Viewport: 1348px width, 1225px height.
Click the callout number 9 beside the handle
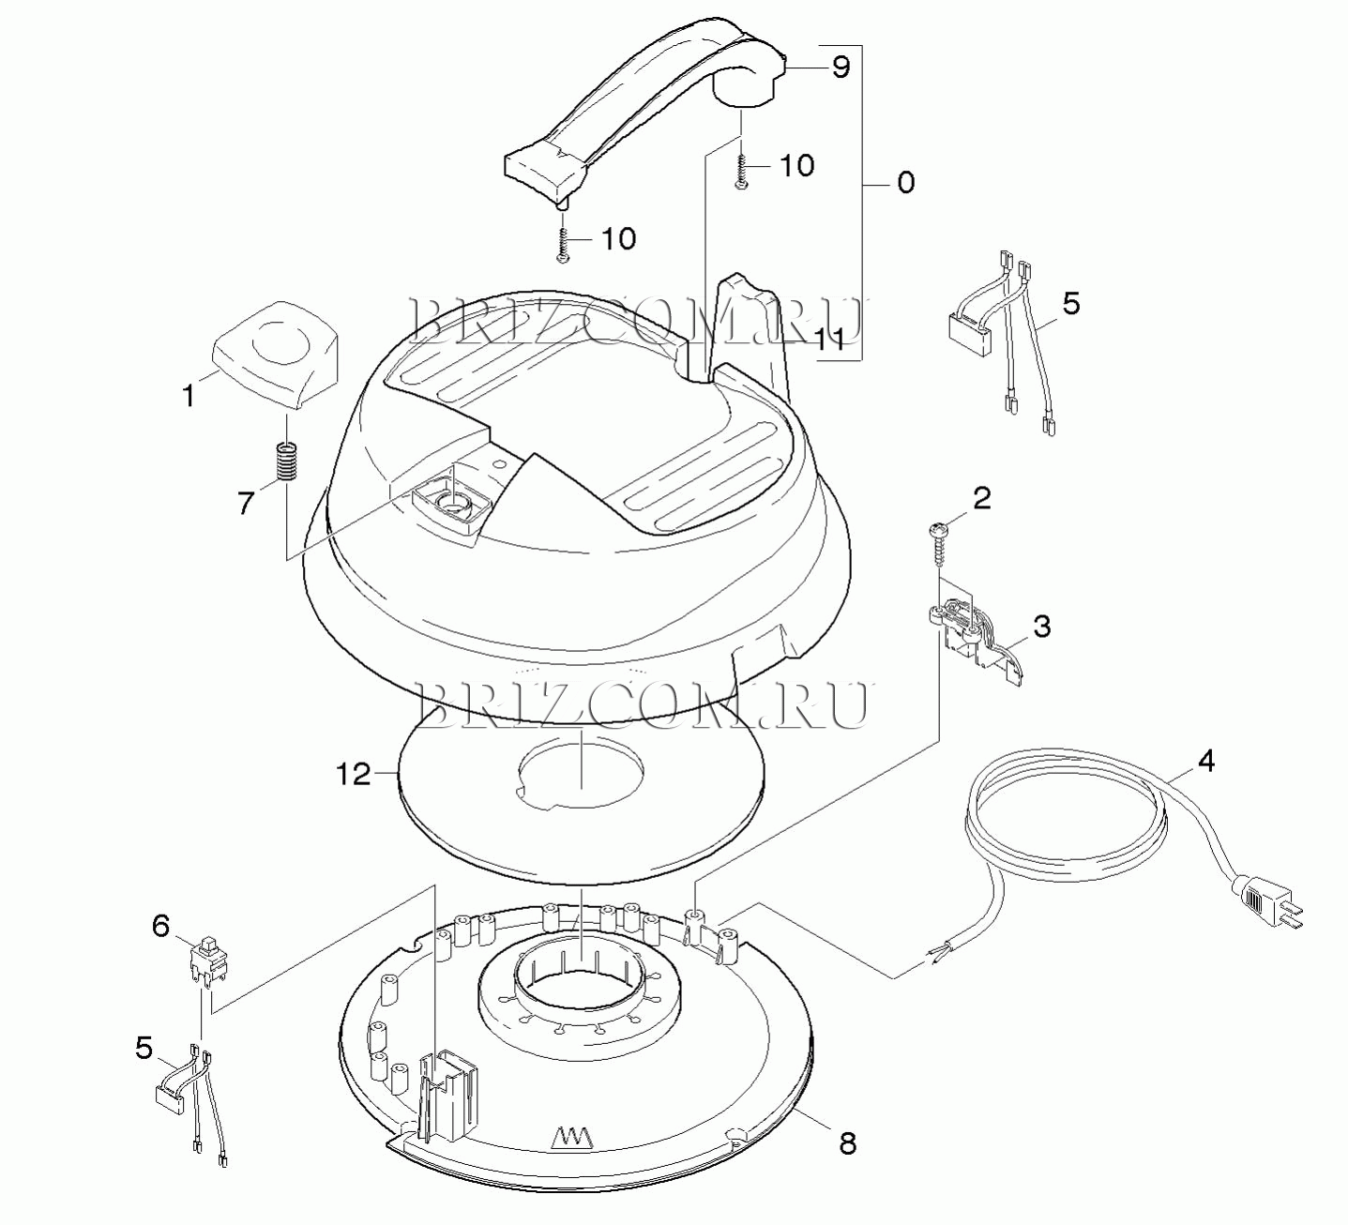[841, 68]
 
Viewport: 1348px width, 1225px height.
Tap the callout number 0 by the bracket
[906, 183]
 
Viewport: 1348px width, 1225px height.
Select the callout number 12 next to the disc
[354, 775]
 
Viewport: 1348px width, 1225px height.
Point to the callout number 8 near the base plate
[848, 1143]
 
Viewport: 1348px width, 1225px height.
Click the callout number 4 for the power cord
[1207, 762]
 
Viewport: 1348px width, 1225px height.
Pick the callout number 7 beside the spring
[246, 503]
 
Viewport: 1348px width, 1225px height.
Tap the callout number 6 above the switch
[161, 926]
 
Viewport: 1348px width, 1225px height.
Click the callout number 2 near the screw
[982, 498]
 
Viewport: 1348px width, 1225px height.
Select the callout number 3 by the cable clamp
[1041, 627]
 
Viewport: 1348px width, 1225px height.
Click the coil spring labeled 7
[288, 461]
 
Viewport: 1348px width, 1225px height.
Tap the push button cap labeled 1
[276, 355]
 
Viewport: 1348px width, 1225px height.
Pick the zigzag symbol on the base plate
[572, 1136]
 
